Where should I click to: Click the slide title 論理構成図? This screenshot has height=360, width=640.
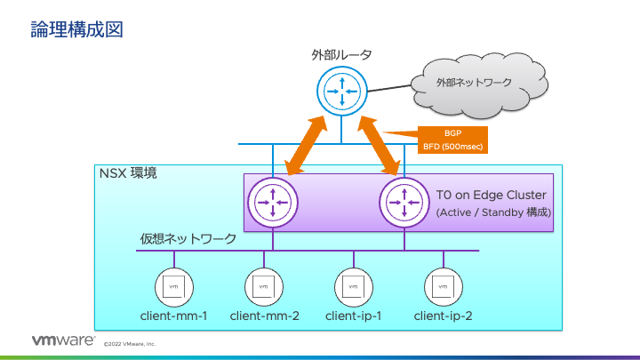point(76,29)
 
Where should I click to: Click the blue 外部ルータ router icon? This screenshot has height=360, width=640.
point(341,91)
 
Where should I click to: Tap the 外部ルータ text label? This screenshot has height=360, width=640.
point(341,55)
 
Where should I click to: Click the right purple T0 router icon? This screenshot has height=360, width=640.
point(404,202)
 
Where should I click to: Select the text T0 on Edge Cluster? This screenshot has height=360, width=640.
point(491,195)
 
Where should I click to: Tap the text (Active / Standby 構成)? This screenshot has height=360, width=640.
point(493,213)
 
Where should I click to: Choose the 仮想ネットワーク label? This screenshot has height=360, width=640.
point(188,239)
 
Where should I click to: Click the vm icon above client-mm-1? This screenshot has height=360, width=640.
point(174,286)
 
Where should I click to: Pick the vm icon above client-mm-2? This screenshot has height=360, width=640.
point(264,286)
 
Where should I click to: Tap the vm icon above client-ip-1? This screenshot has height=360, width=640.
point(354,286)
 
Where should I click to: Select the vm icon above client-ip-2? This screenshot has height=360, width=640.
point(443,286)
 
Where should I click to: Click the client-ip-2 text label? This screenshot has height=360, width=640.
point(443,316)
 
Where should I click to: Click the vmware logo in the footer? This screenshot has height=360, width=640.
point(63,341)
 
